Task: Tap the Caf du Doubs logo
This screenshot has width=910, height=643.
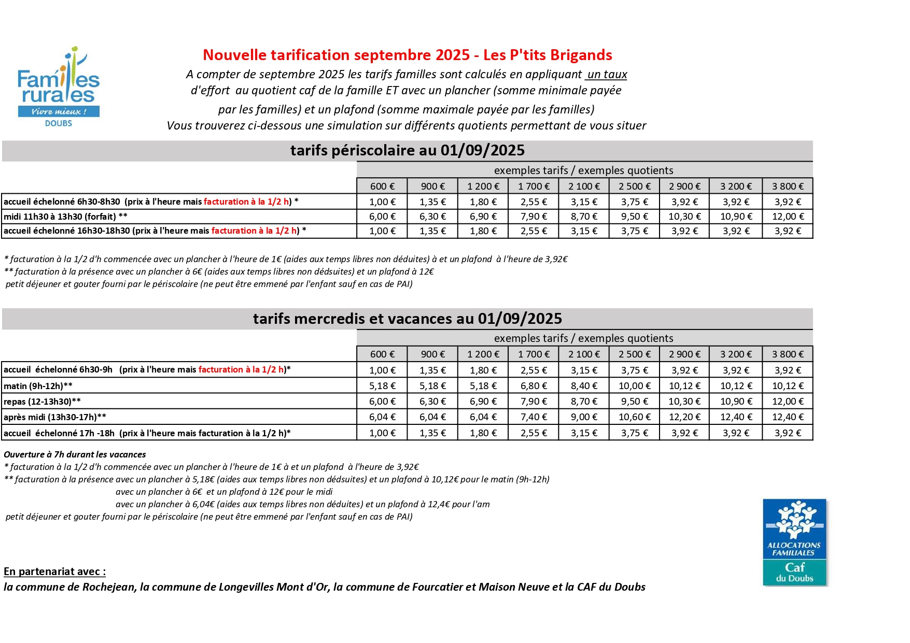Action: coord(794,542)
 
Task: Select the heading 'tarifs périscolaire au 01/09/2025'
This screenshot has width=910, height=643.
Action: coord(407,150)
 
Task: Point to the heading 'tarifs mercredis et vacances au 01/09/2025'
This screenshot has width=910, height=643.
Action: coord(407,318)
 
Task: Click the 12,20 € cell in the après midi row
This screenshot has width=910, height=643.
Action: coord(684,417)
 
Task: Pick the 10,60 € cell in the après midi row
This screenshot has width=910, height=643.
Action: coord(634,417)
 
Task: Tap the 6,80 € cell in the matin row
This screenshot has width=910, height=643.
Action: coord(534,386)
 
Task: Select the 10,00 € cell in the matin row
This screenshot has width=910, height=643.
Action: coord(634,386)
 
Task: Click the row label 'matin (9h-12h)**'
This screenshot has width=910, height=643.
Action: coord(38,386)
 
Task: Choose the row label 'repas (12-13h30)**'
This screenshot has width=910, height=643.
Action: coord(42,402)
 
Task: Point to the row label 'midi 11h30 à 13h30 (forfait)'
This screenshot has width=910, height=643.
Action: coord(65,217)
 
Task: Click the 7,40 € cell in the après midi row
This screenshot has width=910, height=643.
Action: coord(534,417)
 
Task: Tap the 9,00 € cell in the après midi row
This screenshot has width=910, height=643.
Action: coord(584,417)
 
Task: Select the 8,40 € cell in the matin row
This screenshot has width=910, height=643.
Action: coord(584,386)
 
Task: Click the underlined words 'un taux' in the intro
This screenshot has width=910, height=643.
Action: coord(607,74)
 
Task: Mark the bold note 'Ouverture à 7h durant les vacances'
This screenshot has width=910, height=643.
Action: coord(75,454)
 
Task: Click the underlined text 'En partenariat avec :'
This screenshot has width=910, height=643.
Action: coord(54,571)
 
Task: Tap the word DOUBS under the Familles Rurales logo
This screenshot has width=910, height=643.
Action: coord(59,123)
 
